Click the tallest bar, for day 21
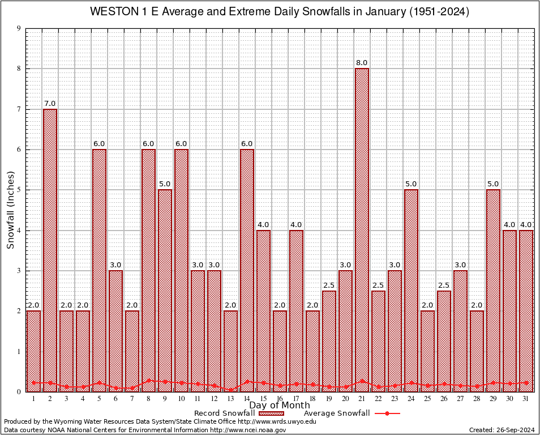click(362, 227)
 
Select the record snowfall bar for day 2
click(50, 249)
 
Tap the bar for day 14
click(247, 266)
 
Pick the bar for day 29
click(493, 289)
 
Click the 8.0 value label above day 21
click(362, 63)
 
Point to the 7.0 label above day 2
click(50, 104)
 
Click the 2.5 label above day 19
click(329, 285)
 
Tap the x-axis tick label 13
click(230, 399)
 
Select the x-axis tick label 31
click(526, 399)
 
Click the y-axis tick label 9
click(19, 28)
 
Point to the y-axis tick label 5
click(19, 190)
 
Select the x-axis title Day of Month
click(280, 406)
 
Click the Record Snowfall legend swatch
click(269, 413)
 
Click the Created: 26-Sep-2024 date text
click(502, 430)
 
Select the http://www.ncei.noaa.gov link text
click(248, 430)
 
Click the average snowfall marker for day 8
click(148, 381)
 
